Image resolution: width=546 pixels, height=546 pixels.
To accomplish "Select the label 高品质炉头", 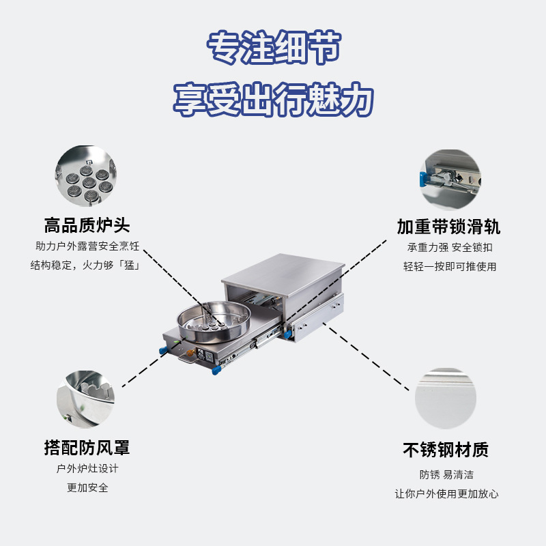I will (87, 225).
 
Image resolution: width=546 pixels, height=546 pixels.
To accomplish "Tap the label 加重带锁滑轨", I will (448, 227).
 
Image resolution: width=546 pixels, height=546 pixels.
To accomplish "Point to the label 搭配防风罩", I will (87, 448).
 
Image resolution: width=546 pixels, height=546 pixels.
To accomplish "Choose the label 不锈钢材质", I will (446, 450).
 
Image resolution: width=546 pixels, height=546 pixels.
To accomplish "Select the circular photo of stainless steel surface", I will (445, 399).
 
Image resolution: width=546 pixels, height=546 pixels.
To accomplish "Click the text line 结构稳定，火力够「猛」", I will (85, 265).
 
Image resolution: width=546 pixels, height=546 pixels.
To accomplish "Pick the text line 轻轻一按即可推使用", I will (449, 266).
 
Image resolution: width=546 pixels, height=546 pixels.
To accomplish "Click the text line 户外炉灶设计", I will (87, 469).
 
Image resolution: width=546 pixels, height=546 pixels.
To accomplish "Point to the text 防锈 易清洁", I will (446, 474).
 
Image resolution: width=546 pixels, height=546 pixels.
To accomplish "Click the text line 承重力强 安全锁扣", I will (449, 247).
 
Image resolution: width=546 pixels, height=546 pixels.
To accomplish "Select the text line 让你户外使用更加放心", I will (446, 493).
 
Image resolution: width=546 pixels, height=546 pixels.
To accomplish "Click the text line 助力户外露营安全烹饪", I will (87, 246).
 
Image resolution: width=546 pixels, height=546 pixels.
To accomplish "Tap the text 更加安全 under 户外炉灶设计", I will (87, 488).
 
